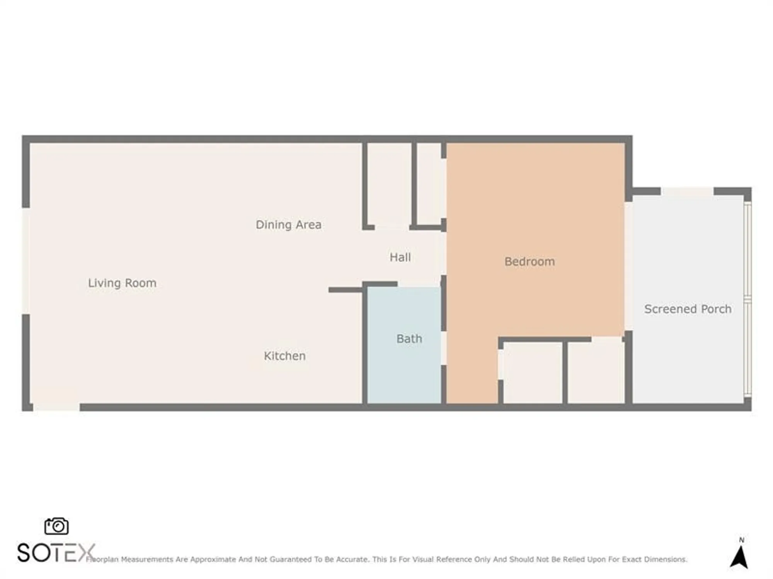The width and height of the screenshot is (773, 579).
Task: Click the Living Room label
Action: [122, 283]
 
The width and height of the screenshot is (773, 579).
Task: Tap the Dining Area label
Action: [288, 225]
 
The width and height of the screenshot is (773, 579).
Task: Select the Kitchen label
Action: [284, 356]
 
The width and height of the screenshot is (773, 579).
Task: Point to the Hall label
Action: [400, 257]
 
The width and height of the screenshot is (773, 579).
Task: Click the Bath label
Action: [409, 339]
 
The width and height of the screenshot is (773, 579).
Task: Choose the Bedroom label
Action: [530, 261]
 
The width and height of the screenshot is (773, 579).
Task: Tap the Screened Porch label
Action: [688, 309]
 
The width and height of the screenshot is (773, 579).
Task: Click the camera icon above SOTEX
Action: [56, 526]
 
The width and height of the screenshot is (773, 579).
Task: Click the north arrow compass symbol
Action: [739, 556]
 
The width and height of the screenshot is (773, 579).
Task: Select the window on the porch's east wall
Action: [747, 299]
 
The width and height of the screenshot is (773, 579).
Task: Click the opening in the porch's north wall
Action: [687, 191]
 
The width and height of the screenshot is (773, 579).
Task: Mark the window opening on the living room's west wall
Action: [26, 261]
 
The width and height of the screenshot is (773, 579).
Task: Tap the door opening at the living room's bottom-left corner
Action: [56, 407]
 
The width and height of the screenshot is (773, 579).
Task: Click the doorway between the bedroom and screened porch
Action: [628, 266]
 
